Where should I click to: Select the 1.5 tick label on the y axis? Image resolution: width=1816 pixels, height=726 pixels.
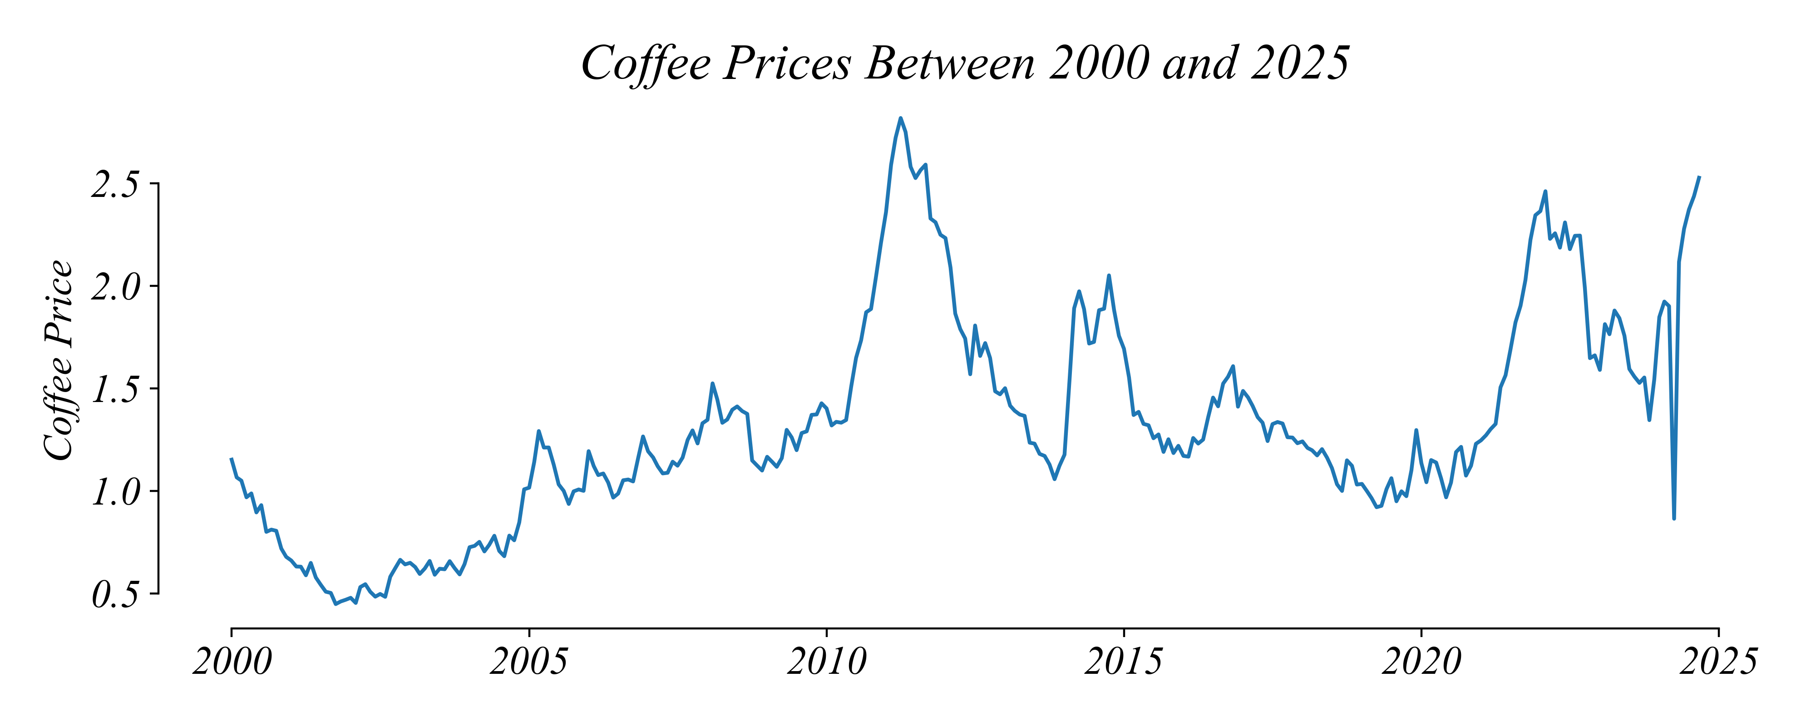point(116,390)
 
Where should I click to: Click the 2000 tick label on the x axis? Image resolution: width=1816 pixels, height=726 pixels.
point(232,662)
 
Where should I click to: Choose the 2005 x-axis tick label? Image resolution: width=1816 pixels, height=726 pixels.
point(529,662)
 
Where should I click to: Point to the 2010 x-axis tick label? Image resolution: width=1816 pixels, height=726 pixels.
point(826,662)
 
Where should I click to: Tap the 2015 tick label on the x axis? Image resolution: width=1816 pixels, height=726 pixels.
point(1124,662)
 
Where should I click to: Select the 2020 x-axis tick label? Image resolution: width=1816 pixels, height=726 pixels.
point(1421,662)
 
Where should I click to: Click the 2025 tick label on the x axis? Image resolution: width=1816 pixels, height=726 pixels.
point(1718,662)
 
